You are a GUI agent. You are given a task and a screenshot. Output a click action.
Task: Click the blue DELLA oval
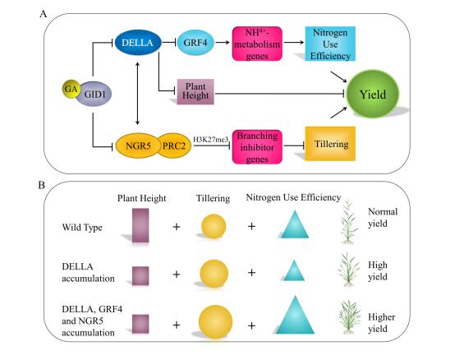point(138,43)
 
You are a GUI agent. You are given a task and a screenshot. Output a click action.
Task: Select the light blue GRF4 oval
point(195,43)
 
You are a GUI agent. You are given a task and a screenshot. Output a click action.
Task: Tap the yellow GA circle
point(71,89)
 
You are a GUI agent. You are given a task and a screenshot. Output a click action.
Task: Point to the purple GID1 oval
point(94,94)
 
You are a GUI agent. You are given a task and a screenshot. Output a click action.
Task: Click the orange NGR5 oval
point(138,145)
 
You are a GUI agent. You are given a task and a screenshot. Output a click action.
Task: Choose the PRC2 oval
point(174,145)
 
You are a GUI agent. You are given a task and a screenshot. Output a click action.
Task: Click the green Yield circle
point(373,94)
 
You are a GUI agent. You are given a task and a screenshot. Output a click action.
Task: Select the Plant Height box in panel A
point(195,91)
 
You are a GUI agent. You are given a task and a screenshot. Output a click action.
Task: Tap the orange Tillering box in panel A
point(330,144)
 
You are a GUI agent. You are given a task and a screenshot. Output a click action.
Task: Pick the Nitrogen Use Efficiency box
point(330,44)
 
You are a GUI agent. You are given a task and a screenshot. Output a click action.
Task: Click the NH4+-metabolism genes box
point(257,44)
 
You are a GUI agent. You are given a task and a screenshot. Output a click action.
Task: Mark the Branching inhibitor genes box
point(257,147)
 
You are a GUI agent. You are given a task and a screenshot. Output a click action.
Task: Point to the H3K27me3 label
point(211,140)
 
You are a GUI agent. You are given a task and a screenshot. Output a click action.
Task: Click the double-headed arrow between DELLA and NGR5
point(137,93)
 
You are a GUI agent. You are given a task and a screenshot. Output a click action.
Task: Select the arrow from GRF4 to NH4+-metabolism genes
point(223,43)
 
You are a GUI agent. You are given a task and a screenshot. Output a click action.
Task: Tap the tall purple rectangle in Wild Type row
point(140,225)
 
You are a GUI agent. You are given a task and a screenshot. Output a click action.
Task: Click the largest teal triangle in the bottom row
point(295,315)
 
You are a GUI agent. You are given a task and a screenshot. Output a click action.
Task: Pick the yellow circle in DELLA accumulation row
point(214,274)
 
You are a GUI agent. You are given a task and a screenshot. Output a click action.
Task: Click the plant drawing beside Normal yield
point(349,222)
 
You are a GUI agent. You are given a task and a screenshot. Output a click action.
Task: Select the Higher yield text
point(381,323)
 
